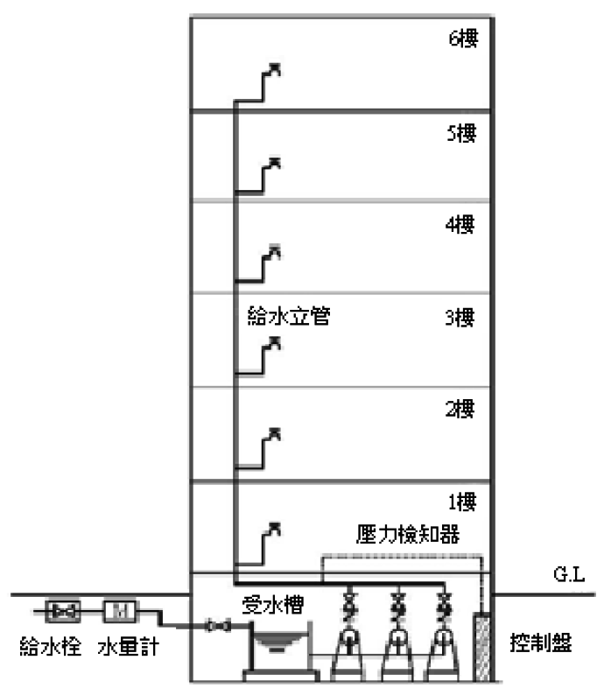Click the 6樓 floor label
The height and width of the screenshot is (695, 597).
[x=461, y=40]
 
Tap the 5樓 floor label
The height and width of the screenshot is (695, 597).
[x=460, y=133]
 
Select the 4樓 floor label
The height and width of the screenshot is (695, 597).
[x=460, y=225]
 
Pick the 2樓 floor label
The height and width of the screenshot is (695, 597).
[x=460, y=411]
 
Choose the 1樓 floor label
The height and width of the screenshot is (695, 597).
[x=460, y=502]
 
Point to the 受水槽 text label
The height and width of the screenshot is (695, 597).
[x=271, y=606]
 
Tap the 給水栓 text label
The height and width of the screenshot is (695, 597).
[x=52, y=648]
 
